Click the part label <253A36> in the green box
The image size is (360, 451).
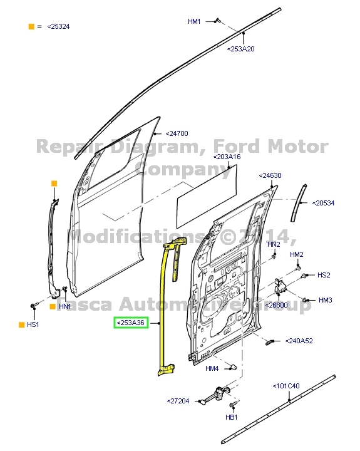point(130,323)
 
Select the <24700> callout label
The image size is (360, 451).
point(177,133)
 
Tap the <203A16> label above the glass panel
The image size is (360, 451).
point(226,157)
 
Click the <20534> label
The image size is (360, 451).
point(324,203)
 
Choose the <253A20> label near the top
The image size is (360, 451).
point(241,49)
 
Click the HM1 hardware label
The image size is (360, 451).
point(194,21)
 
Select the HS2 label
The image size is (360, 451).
point(324,275)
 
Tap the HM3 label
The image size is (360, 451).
point(325,301)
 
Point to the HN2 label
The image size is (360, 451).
point(274,244)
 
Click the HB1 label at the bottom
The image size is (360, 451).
point(232,418)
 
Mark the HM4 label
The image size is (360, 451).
point(212,368)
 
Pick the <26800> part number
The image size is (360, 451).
point(277,305)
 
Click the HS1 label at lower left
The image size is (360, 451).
point(33,325)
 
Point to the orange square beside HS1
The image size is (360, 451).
point(21,325)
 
